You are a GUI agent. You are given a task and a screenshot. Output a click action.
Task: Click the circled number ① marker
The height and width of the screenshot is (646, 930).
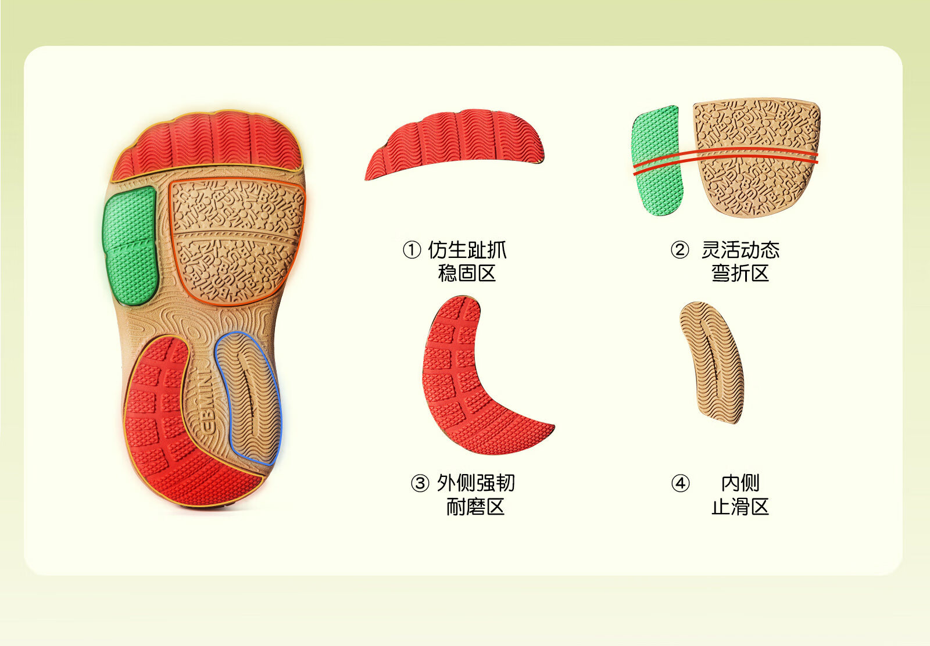[412, 250]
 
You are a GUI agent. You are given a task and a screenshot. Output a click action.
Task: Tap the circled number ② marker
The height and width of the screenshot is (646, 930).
[679, 250]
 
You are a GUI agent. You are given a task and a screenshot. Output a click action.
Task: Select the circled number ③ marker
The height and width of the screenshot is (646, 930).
[420, 483]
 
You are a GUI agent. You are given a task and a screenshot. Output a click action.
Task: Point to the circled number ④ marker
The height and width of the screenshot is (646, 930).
[680, 483]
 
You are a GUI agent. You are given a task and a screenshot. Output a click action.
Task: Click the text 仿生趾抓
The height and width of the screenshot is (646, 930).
[467, 250]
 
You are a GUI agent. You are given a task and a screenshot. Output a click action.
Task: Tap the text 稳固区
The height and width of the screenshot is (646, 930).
[467, 273]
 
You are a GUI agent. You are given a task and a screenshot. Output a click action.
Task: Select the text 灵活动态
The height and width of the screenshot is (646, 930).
[740, 250]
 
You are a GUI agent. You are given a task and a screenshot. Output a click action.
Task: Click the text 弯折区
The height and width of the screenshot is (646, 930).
[740, 273]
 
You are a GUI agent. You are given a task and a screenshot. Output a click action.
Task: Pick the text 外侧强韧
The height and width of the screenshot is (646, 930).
[475, 483]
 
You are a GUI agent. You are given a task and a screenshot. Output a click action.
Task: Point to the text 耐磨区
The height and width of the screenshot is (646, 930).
[475, 507]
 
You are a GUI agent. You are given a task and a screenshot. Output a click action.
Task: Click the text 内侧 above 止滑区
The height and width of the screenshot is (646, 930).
[740, 483]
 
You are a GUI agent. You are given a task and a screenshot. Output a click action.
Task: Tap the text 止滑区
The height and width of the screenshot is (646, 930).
[740, 507]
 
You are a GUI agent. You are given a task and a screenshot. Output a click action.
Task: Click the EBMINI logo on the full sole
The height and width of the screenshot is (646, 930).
[207, 401]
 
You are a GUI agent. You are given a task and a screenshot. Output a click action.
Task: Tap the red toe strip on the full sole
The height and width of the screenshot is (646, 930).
[208, 145]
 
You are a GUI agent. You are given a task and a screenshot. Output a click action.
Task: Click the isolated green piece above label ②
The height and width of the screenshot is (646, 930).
[657, 162]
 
